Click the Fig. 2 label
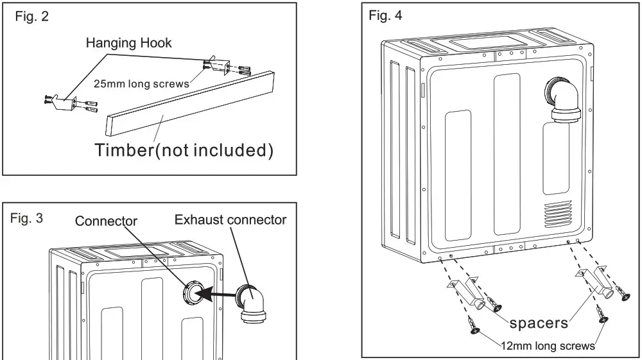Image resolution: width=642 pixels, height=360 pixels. (32, 17)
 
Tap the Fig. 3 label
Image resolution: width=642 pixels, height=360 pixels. (26, 218)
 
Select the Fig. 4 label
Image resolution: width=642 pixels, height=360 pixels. (386, 16)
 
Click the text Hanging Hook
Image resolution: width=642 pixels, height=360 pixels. (129, 44)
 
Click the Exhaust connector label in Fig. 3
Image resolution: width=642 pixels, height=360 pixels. (230, 220)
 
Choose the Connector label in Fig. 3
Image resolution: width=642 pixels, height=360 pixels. (106, 221)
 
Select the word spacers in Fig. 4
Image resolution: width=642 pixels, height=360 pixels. (538, 322)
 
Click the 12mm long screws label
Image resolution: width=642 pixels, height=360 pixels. (550, 346)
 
